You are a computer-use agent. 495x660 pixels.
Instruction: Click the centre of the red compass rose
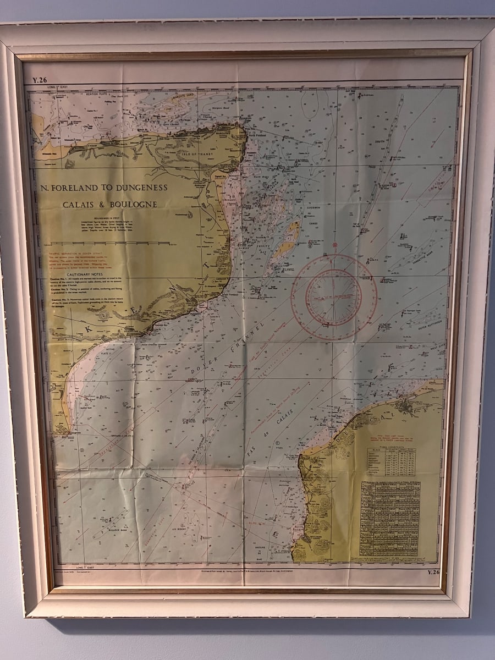pos(334,298)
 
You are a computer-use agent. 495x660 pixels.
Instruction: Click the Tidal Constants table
pos(391,461)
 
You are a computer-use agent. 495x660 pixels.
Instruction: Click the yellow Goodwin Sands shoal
pos(288,240)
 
